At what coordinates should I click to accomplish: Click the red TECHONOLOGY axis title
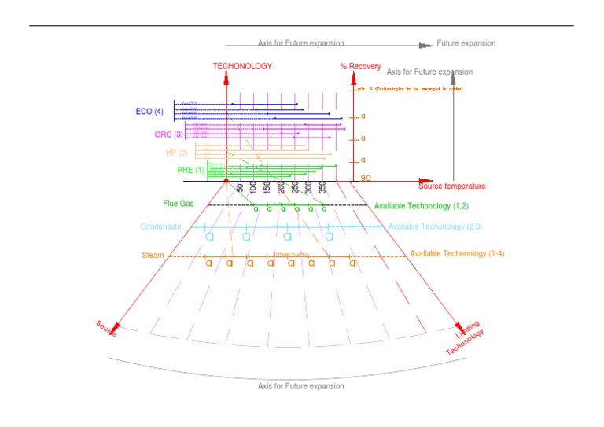tap(242, 66)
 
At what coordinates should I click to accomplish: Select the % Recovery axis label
tap(360, 66)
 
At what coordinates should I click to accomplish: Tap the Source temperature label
tap(451, 186)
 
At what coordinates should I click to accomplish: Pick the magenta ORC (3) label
tap(168, 134)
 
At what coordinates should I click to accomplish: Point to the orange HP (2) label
tap(176, 153)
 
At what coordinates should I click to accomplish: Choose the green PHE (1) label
tap(190, 170)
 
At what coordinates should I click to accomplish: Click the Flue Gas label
tap(178, 204)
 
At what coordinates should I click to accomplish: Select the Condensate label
tap(160, 227)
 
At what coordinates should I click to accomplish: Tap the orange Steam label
tap(153, 256)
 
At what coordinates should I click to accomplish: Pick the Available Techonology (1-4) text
tap(457, 254)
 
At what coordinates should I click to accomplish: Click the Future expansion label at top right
tap(466, 44)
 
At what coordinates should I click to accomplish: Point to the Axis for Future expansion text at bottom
tap(300, 386)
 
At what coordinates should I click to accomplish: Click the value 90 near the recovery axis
tap(366, 179)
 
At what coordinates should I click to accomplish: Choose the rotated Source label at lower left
tap(107, 329)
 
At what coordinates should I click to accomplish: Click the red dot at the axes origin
tap(226, 181)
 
